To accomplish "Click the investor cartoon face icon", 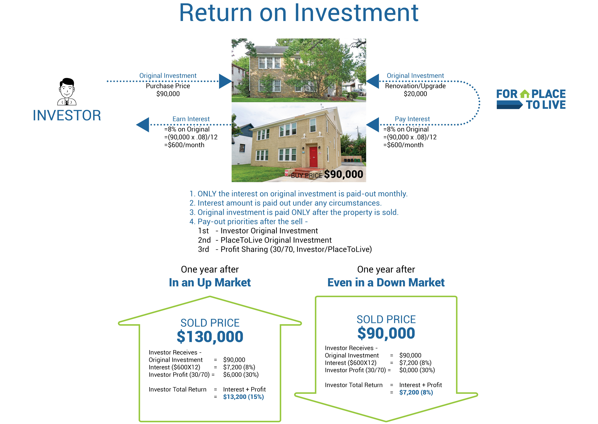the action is point(67,91).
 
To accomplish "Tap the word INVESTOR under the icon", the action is point(67,115).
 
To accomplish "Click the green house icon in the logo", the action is point(524,94).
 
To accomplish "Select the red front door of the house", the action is point(313,157).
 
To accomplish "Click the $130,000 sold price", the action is point(210,337).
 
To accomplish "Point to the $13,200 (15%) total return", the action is point(243,397).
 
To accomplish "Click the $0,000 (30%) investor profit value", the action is point(417,370).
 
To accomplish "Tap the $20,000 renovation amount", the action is point(415,94).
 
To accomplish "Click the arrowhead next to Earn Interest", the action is point(143,125).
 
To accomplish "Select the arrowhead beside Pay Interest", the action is point(373,125).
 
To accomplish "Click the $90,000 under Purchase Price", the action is point(168,94).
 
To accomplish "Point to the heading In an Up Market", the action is point(210,283).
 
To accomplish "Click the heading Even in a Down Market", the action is point(386,283).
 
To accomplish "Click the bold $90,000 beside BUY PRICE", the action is point(343,174).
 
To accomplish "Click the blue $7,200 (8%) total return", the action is point(416,392).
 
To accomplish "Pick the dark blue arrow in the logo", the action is point(509,105).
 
